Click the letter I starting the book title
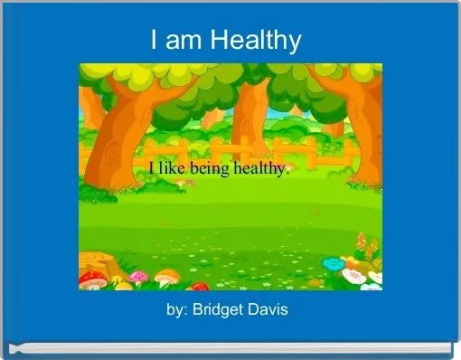click(x=155, y=41)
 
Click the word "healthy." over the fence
click(x=261, y=170)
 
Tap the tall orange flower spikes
click(x=365, y=246)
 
